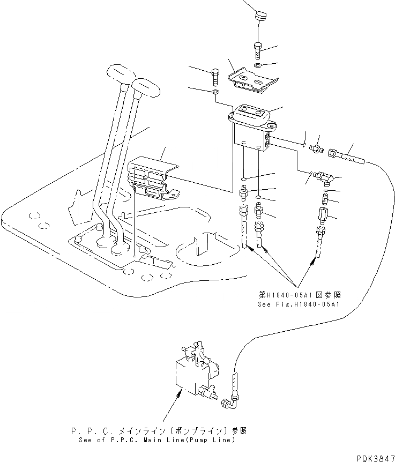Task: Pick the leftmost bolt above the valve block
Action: click(215, 77)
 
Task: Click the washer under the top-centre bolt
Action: click(258, 65)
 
